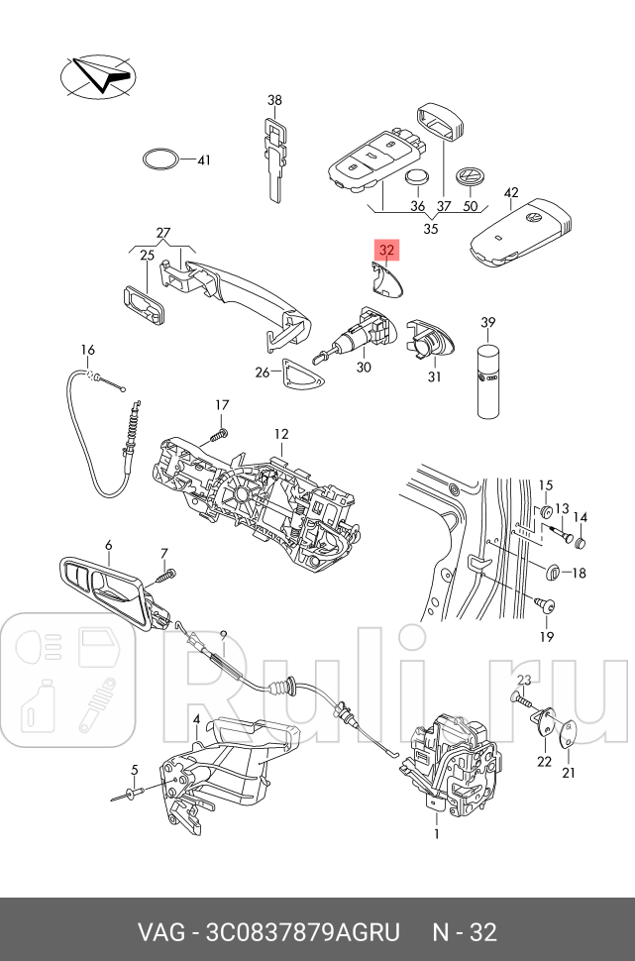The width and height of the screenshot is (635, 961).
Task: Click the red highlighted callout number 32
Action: point(386,251)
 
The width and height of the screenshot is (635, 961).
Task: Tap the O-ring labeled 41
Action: point(160,160)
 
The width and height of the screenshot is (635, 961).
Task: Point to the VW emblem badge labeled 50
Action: point(468,180)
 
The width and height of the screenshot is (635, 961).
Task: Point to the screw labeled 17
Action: point(220,433)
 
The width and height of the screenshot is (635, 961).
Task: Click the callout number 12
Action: point(281,434)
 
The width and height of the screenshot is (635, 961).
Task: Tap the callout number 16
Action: point(88,350)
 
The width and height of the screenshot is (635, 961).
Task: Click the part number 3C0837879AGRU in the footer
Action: point(301,932)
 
